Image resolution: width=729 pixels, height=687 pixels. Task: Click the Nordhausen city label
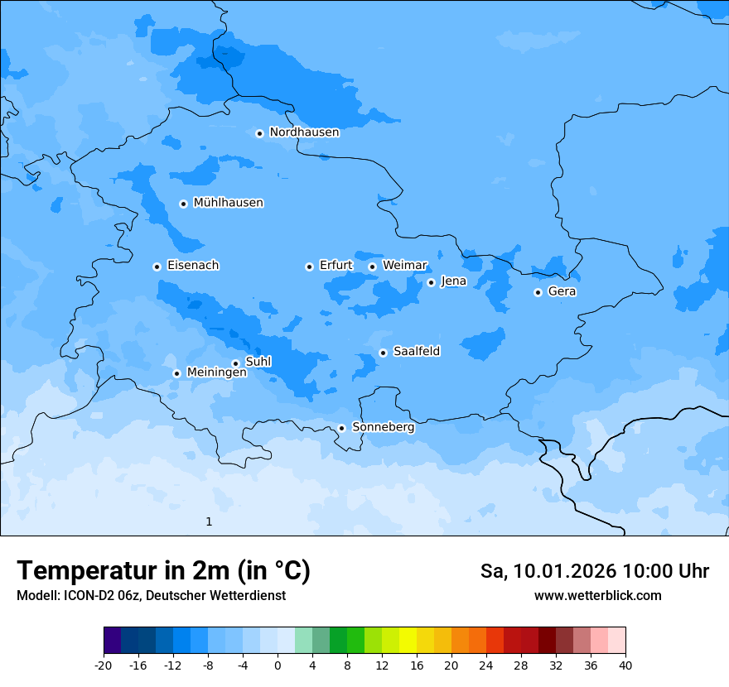pyautogui.click(x=304, y=132)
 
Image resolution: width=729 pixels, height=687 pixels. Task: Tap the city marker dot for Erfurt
pyautogui.click(x=309, y=267)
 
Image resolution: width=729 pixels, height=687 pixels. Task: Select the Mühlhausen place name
pyautogui.click(x=228, y=203)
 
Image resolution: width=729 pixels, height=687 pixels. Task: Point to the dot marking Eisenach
pyautogui.click(x=157, y=267)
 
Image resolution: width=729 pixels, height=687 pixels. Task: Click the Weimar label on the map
pyautogui.click(x=404, y=266)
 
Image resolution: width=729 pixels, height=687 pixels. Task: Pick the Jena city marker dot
pyautogui.click(x=431, y=282)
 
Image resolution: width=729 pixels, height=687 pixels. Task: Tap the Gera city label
pyautogui.click(x=562, y=291)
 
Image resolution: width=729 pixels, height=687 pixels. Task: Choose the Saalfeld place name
pyautogui.click(x=417, y=352)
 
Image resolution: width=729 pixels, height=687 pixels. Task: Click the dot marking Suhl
pyautogui.click(x=235, y=363)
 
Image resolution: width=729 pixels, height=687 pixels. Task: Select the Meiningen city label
pyautogui.click(x=216, y=372)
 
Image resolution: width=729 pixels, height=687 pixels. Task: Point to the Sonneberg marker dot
pyautogui.click(x=341, y=428)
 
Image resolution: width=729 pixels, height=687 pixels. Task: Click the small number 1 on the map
pyautogui.click(x=209, y=521)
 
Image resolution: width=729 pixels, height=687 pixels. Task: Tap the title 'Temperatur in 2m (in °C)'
pyautogui.click(x=163, y=571)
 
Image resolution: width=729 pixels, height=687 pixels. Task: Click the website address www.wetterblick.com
pyautogui.click(x=597, y=596)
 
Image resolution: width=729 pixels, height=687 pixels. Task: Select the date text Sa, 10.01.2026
pyautogui.click(x=548, y=572)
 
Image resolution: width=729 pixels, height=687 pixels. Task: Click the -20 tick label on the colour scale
pyautogui.click(x=104, y=665)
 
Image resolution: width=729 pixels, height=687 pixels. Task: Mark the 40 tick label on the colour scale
pyautogui.click(x=625, y=665)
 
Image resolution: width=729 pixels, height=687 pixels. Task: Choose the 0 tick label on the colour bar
pyautogui.click(x=278, y=665)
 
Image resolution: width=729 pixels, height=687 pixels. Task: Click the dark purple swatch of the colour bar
pyautogui.click(x=112, y=641)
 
